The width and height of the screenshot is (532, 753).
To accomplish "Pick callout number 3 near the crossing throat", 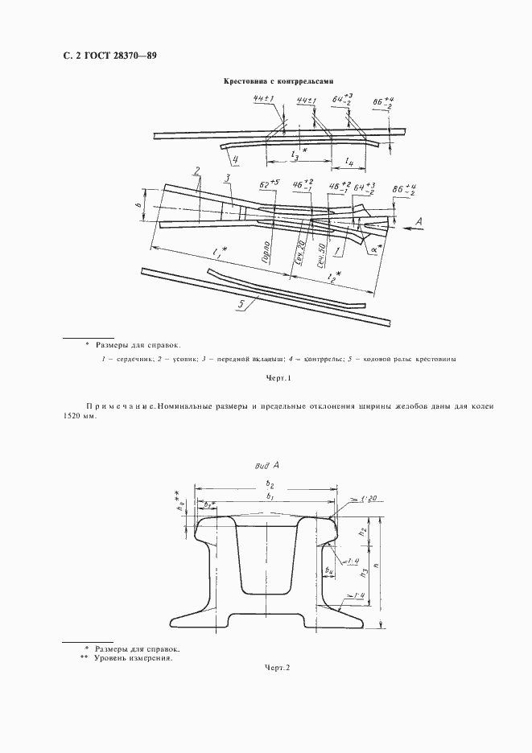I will point(229,179).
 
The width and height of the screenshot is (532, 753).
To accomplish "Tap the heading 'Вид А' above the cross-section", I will point(266,465).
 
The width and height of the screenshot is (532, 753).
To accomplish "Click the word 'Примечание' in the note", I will point(119,406).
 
